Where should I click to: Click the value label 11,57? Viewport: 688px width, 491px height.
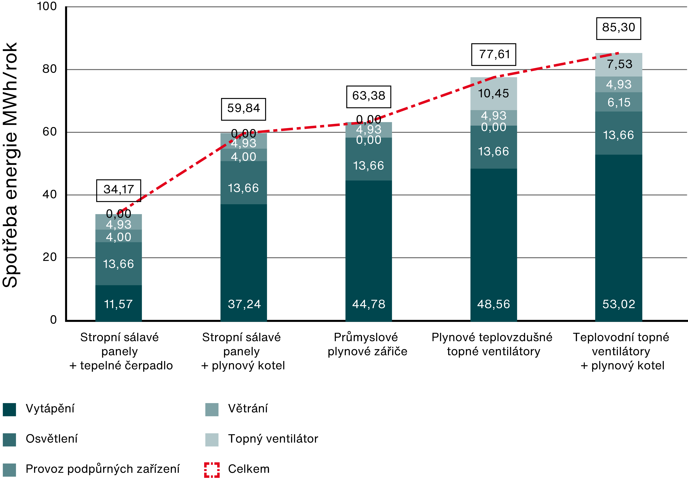tap(118, 304)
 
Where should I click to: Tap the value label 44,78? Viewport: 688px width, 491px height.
tap(369, 304)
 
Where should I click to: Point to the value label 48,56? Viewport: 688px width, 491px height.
tap(494, 304)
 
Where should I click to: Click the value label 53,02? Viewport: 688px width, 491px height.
tap(619, 304)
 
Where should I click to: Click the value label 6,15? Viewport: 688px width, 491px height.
tap(619, 102)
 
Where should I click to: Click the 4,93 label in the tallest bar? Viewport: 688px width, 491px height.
tap(619, 84)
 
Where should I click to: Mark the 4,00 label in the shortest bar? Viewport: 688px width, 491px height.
tap(118, 237)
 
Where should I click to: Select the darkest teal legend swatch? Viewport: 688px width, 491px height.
tap(9, 410)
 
